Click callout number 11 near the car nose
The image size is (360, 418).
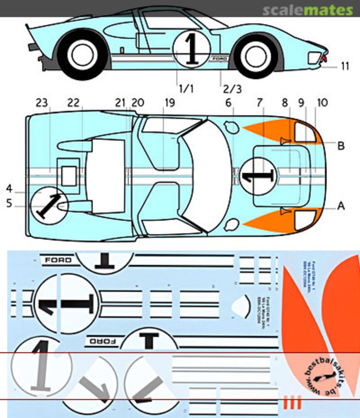click(345, 66)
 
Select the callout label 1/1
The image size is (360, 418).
click(186, 89)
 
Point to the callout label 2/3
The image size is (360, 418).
click(232, 89)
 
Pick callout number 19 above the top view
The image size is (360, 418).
click(169, 103)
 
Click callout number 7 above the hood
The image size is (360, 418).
click(259, 103)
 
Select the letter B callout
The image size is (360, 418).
click(341, 146)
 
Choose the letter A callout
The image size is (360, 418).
click(341, 206)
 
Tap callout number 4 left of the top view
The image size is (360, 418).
click(10, 189)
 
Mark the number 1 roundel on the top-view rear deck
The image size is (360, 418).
click(49, 205)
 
